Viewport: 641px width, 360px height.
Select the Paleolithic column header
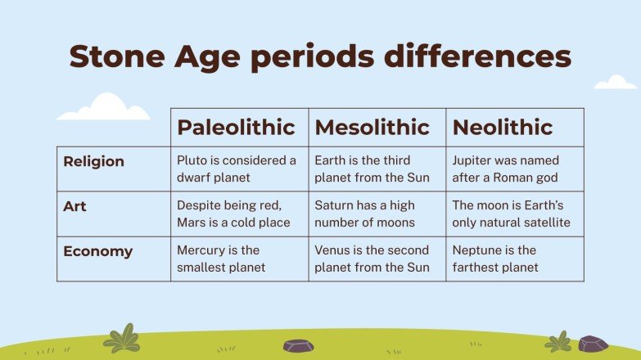(236, 128)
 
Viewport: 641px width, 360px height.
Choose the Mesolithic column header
(372, 128)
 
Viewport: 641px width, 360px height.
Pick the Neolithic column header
(502, 128)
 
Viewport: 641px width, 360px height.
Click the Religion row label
(94, 161)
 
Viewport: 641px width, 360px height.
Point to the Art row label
(74, 206)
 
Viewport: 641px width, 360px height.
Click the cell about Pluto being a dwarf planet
(237, 169)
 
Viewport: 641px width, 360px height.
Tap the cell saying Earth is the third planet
(374, 169)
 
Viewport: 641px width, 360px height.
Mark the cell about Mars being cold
(233, 214)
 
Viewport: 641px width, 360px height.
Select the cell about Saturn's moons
(365, 214)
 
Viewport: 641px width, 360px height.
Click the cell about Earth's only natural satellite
(512, 214)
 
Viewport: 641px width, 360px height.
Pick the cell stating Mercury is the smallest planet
(219, 259)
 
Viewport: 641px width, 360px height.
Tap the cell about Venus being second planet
(374, 259)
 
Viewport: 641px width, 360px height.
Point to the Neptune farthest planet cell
(495, 259)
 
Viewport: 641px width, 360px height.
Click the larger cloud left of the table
(104, 109)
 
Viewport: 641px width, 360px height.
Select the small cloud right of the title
(615, 83)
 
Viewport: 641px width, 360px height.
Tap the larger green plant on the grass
(122, 339)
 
